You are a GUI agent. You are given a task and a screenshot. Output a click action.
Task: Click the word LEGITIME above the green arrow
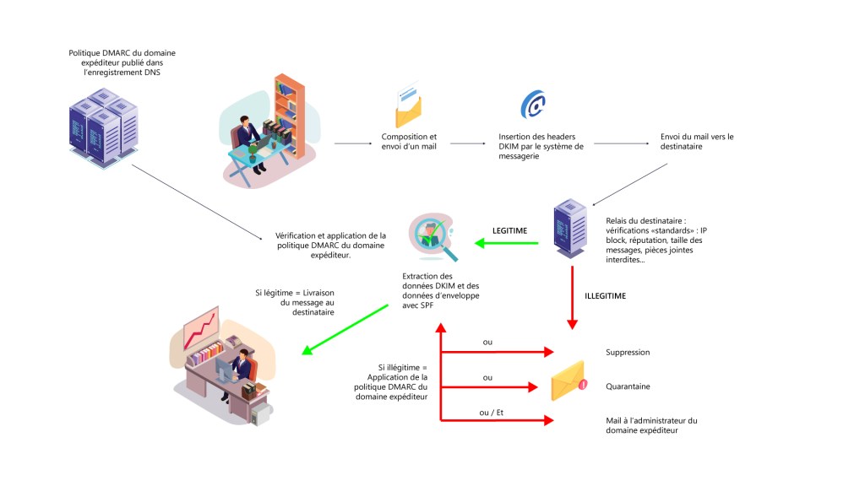point(510,229)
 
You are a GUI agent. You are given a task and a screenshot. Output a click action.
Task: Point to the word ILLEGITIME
point(606,296)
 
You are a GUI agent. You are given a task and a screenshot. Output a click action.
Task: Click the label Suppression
point(628,353)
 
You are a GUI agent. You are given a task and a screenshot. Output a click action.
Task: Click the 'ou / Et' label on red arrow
point(492,412)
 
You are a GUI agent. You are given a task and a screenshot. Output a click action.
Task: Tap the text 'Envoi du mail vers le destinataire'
point(697,142)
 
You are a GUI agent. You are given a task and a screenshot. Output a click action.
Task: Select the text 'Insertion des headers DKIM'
point(540,146)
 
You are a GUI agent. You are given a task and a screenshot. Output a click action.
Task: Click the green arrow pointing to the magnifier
point(507,244)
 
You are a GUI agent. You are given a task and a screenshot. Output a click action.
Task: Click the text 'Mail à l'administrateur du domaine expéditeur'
point(651,425)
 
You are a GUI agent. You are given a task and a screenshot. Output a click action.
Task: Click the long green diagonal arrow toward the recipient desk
point(346,329)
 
